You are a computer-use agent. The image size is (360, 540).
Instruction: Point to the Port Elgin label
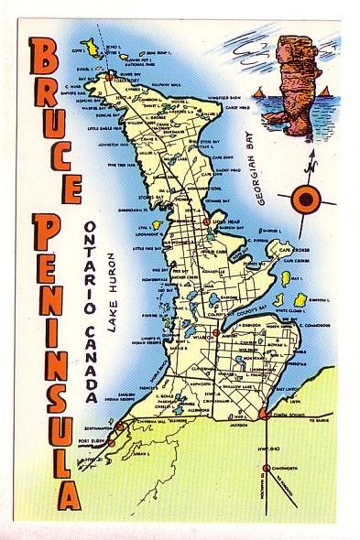tap(93, 442)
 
